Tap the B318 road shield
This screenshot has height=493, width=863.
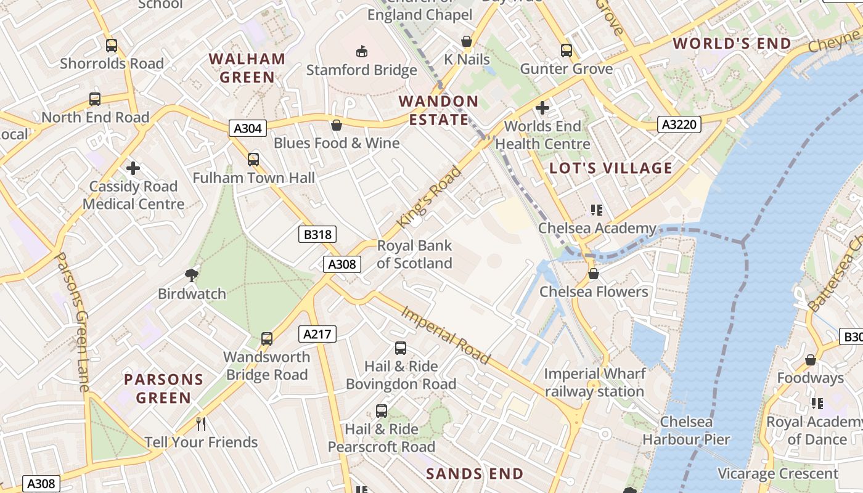click(318, 234)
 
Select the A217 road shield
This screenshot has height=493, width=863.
click(318, 334)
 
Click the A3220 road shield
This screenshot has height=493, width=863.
click(679, 124)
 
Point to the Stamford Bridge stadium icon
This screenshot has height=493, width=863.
click(362, 51)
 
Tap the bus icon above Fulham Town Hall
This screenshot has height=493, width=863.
click(253, 160)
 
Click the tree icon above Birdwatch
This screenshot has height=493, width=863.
click(192, 275)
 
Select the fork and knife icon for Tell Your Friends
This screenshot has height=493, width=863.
click(200, 423)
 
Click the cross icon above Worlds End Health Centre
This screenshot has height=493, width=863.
click(542, 108)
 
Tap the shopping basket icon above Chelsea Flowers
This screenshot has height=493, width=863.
click(594, 273)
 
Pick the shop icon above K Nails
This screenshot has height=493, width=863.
click(467, 41)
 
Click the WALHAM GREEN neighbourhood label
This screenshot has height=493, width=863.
click(247, 68)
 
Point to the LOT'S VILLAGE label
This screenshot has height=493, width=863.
click(611, 168)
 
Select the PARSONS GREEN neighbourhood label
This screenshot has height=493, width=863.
click(163, 388)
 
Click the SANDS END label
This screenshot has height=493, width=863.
click(475, 474)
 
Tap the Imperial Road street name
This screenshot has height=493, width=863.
click(446, 334)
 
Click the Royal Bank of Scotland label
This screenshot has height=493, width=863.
click(414, 255)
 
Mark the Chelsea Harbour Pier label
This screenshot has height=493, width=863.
click(686, 431)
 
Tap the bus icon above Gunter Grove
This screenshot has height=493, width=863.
click(566, 51)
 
